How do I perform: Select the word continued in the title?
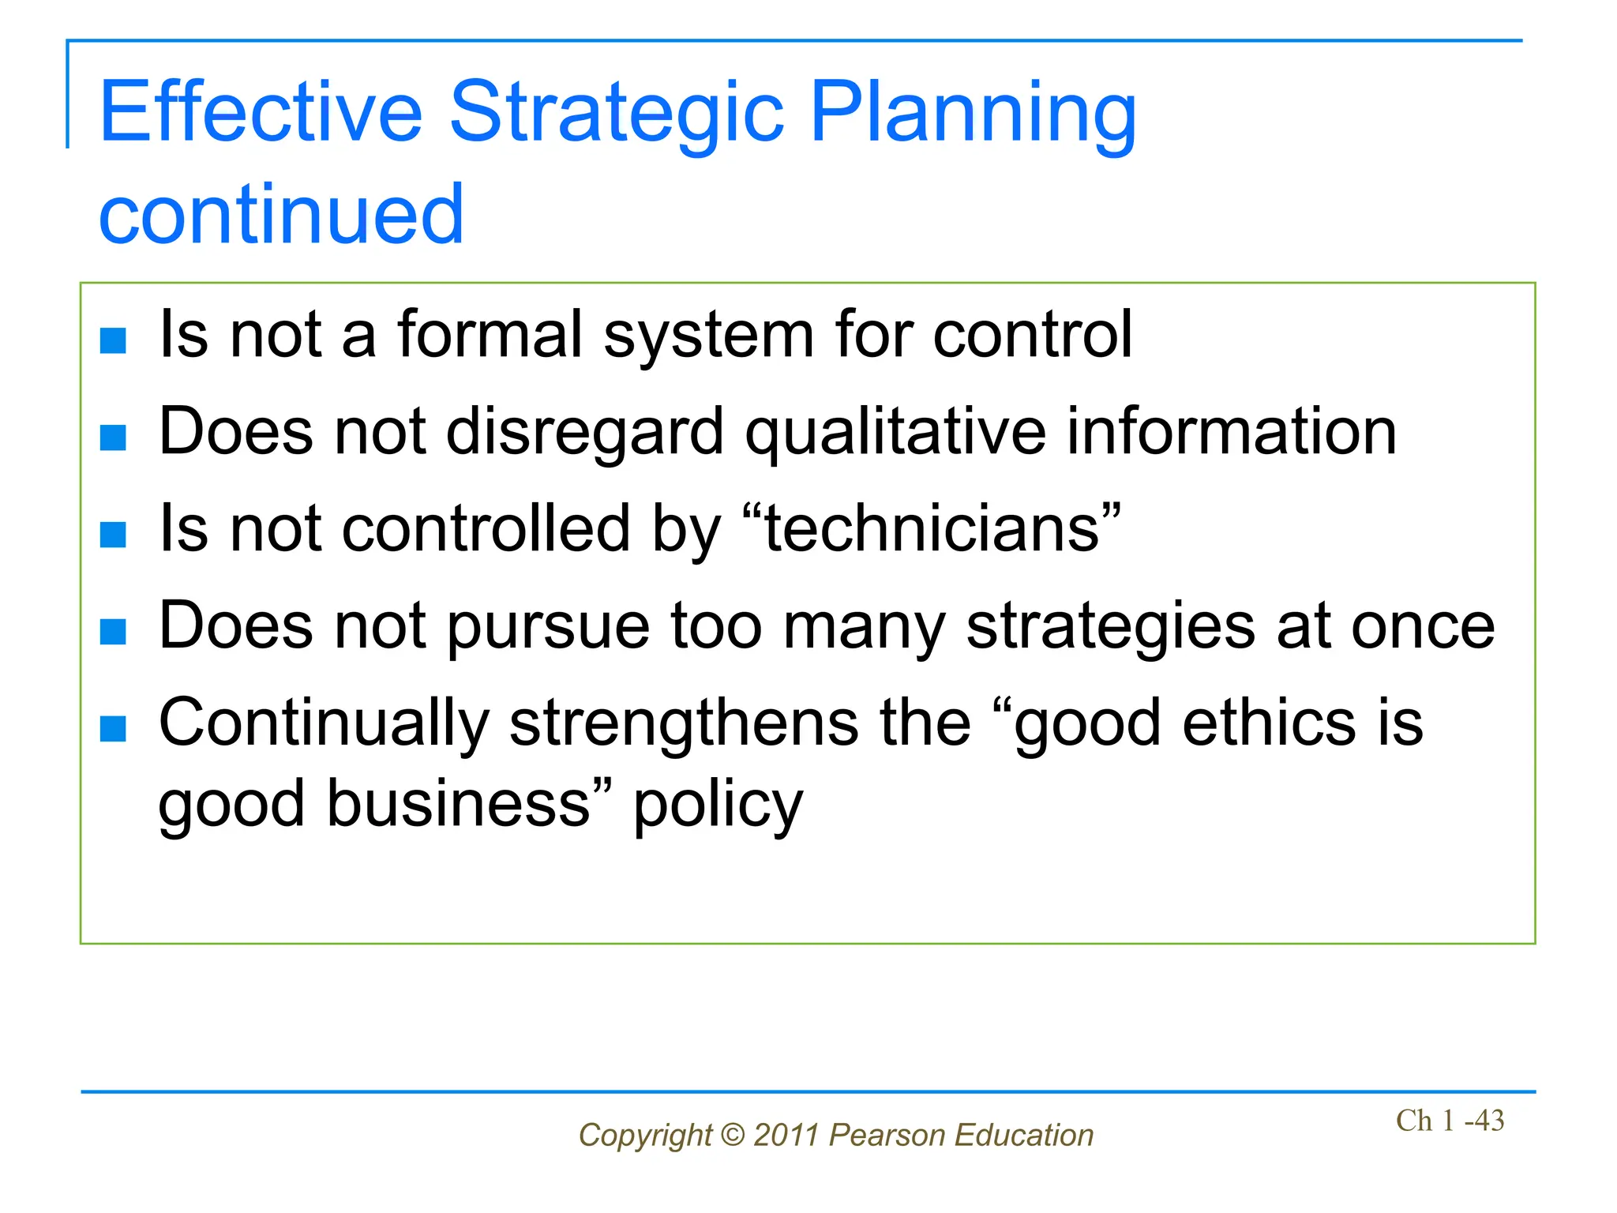tap(281, 214)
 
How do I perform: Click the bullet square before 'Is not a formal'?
tap(114, 340)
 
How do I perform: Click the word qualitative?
tap(895, 433)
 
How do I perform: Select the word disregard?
tap(584, 433)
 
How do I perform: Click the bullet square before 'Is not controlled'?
tap(114, 535)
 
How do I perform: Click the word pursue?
tap(549, 628)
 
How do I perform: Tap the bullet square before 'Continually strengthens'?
tap(114, 729)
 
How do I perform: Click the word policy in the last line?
tap(718, 806)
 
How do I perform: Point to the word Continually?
tap(325, 724)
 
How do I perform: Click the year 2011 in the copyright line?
tap(786, 1135)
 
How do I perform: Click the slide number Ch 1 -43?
tap(1450, 1121)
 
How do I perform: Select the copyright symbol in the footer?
tap(733, 1135)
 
